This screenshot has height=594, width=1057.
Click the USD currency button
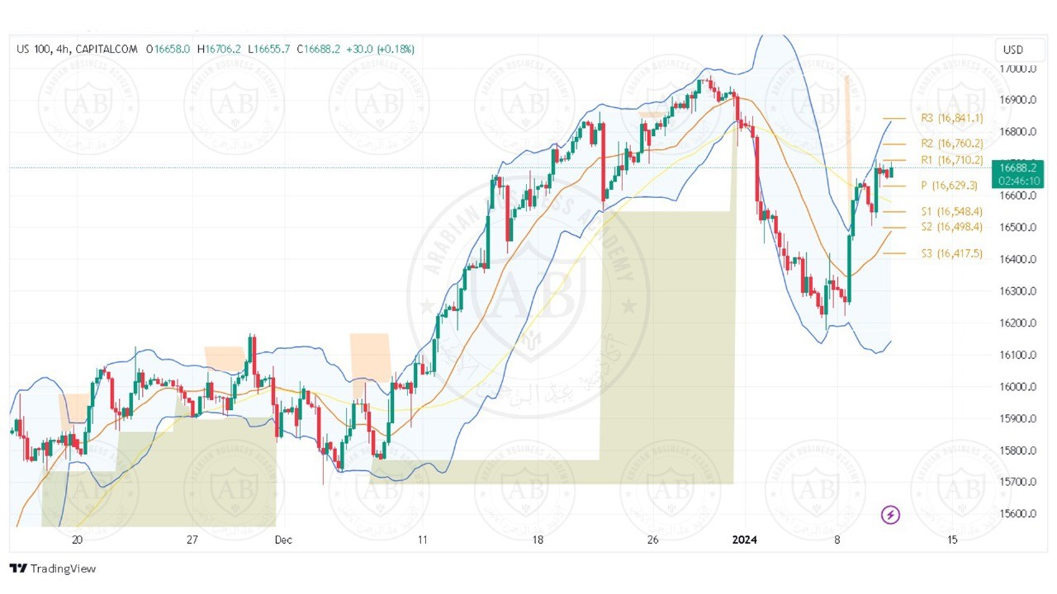click(x=1012, y=49)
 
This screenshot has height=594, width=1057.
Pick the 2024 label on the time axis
click(x=745, y=540)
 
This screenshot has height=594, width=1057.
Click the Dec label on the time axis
click(x=283, y=540)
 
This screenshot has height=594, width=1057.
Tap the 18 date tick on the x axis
click(x=538, y=540)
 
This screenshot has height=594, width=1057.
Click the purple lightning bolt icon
click(x=891, y=516)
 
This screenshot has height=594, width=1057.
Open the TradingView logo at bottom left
click(x=53, y=568)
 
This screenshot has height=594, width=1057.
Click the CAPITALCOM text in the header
click(x=108, y=49)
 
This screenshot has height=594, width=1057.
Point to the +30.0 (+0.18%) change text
click(x=380, y=49)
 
